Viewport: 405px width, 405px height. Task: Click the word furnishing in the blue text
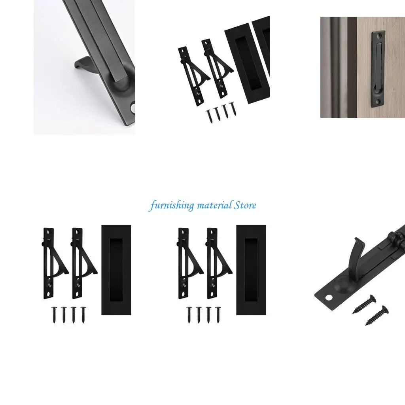(172, 206)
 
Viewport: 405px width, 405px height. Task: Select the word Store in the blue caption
(245, 205)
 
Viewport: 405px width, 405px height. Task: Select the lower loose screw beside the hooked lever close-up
(376, 315)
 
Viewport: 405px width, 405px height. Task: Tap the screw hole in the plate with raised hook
(328, 297)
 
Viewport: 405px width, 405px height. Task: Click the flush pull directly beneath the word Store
(251, 270)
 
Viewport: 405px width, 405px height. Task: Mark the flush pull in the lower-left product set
(116, 270)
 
